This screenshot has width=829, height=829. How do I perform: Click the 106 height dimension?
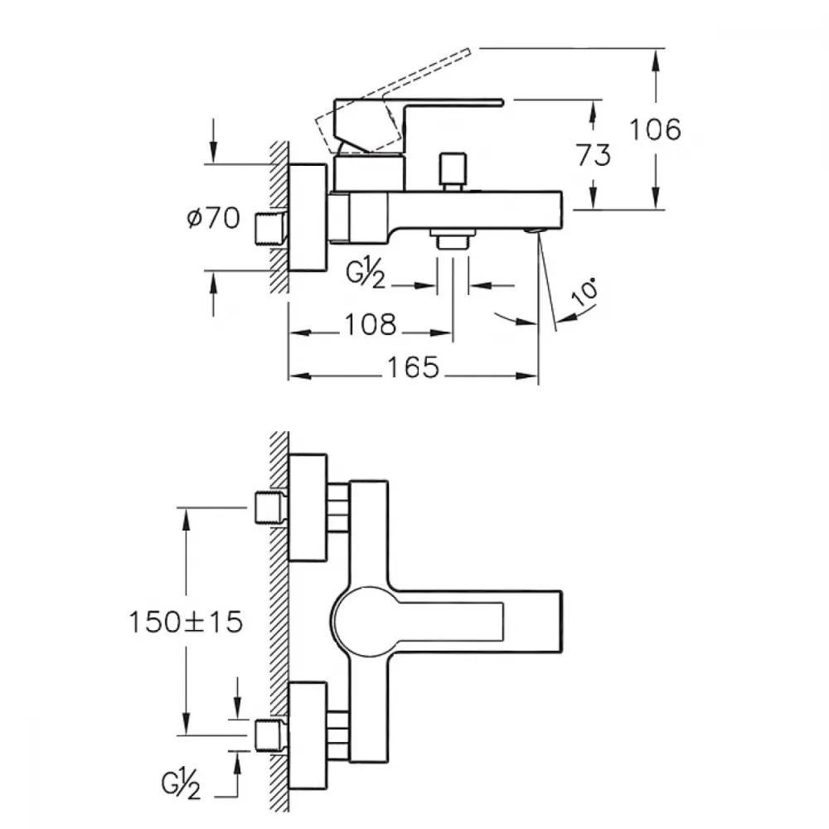(655, 129)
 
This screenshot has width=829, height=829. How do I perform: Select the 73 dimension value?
(594, 155)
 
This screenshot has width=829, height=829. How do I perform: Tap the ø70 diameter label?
(214, 217)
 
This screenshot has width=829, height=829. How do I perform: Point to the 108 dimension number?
(370, 324)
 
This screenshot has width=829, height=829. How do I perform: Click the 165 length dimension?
(414, 367)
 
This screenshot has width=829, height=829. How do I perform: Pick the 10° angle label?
(586, 292)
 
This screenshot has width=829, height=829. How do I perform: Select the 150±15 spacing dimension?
(186, 622)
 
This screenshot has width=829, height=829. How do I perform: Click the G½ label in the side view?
(366, 274)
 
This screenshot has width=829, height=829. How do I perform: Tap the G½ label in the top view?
(181, 783)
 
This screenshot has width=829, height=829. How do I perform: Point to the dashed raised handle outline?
(393, 101)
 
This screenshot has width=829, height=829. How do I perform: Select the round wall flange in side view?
(308, 217)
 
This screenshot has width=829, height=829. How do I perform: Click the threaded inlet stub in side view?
(271, 229)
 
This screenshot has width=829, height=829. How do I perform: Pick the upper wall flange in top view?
(308, 507)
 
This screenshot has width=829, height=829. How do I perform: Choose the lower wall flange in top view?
(308, 735)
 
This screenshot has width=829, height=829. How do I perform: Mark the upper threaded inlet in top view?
(271, 507)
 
